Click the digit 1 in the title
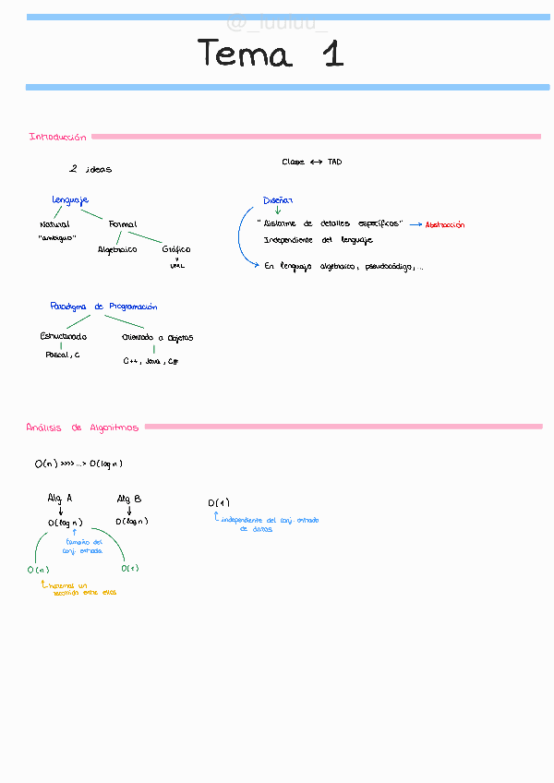coord(332,54)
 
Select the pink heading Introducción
coord(57,137)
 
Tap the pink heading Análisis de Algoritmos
coord(82,428)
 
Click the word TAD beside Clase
coord(334,162)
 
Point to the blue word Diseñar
coord(277,200)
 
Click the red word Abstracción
coord(445,224)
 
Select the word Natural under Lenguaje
coord(54,224)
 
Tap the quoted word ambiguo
coord(56,237)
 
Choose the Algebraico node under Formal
coord(117,249)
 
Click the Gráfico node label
coord(176,249)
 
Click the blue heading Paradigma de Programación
coord(103,307)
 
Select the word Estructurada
coord(63,337)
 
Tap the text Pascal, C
coord(62,355)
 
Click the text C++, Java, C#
coord(151,361)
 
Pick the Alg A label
coord(60,499)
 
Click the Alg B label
coord(129,499)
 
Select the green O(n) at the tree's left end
coord(38,570)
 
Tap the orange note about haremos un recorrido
coord(78,589)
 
